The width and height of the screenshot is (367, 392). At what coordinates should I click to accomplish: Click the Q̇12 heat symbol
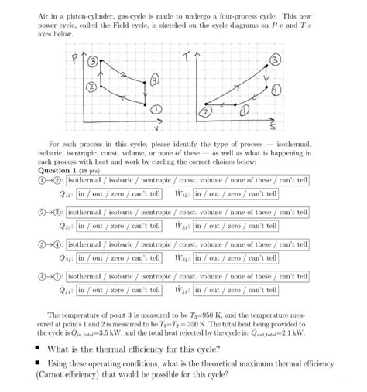pyautogui.click(x=58, y=194)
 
